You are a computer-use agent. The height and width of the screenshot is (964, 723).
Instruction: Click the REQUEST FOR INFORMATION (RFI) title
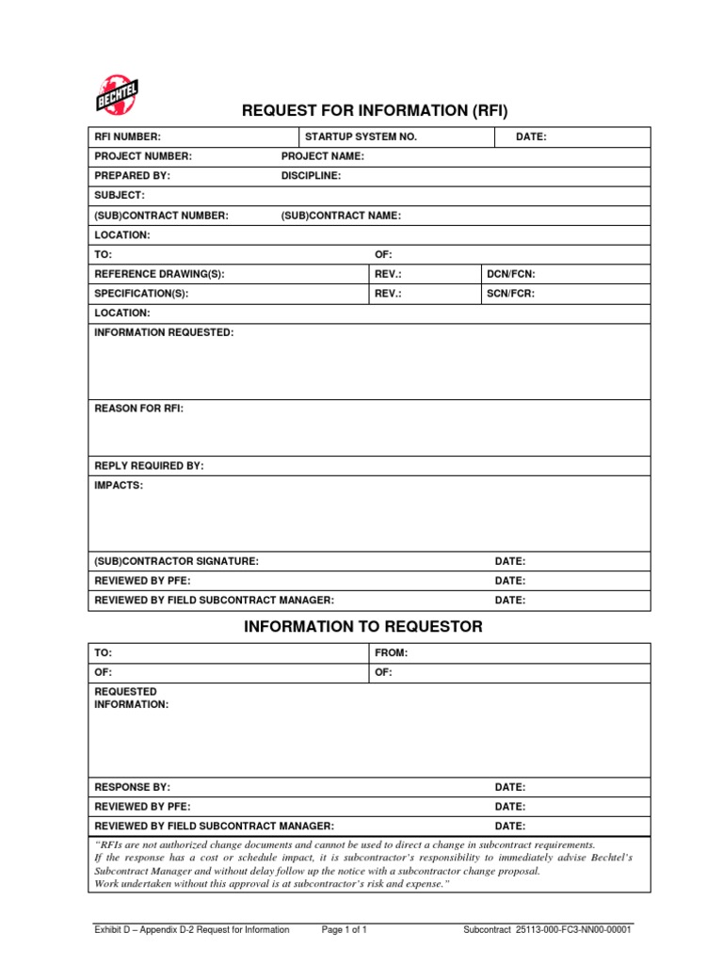(x=375, y=111)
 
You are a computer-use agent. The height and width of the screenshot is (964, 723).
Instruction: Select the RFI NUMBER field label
(x=128, y=137)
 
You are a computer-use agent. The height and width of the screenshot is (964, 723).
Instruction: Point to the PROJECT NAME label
(x=323, y=156)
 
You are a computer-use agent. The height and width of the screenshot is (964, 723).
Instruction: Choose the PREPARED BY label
(x=133, y=176)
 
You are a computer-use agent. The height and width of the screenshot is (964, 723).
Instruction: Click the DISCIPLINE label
(x=312, y=176)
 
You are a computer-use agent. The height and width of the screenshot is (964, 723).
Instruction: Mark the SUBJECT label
(x=120, y=195)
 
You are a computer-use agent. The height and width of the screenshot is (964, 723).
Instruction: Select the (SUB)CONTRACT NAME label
(x=341, y=216)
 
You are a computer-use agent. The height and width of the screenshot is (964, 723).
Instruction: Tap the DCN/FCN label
(x=511, y=274)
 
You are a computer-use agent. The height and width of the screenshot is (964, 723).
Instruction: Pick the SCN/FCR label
(x=511, y=294)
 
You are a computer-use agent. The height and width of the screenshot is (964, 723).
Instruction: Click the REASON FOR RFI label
(x=139, y=410)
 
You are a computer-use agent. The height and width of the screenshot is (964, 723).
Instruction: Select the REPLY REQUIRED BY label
(x=149, y=466)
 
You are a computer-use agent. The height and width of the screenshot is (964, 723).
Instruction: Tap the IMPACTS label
(x=120, y=486)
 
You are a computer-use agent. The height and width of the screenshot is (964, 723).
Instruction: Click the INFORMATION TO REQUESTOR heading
(x=363, y=626)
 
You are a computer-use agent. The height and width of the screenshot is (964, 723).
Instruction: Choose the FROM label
(x=392, y=652)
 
